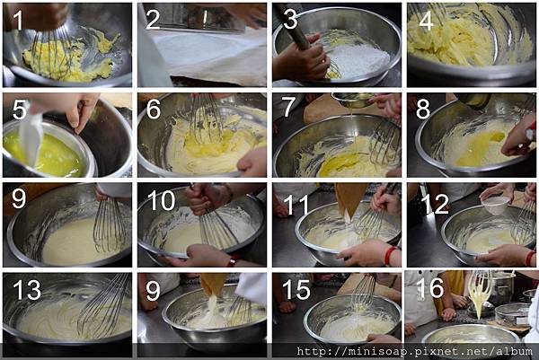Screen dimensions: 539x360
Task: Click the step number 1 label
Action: click(x=18, y=21)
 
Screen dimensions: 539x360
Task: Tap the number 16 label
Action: click(x=429, y=287)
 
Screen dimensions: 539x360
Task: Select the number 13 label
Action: click(x=27, y=290)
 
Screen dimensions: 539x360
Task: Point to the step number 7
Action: click(x=288, y=107)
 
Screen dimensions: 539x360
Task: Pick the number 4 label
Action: click(x=426, y=21)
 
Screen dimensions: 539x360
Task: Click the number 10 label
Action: click(x=161, y=200)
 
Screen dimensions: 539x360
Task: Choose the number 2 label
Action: click(x=153, y=20)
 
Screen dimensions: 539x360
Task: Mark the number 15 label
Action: click(x=296, y=290)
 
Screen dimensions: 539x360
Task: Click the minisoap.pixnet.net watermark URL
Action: click(x=414, y=351)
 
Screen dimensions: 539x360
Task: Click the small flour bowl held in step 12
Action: click(x=495, y=204)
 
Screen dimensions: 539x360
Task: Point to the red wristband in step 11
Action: click(x=389, y=256)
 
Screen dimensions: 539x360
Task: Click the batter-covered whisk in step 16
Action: click(x=480, y=289)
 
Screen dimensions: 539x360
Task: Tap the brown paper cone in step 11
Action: click(x=350, y=199)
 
